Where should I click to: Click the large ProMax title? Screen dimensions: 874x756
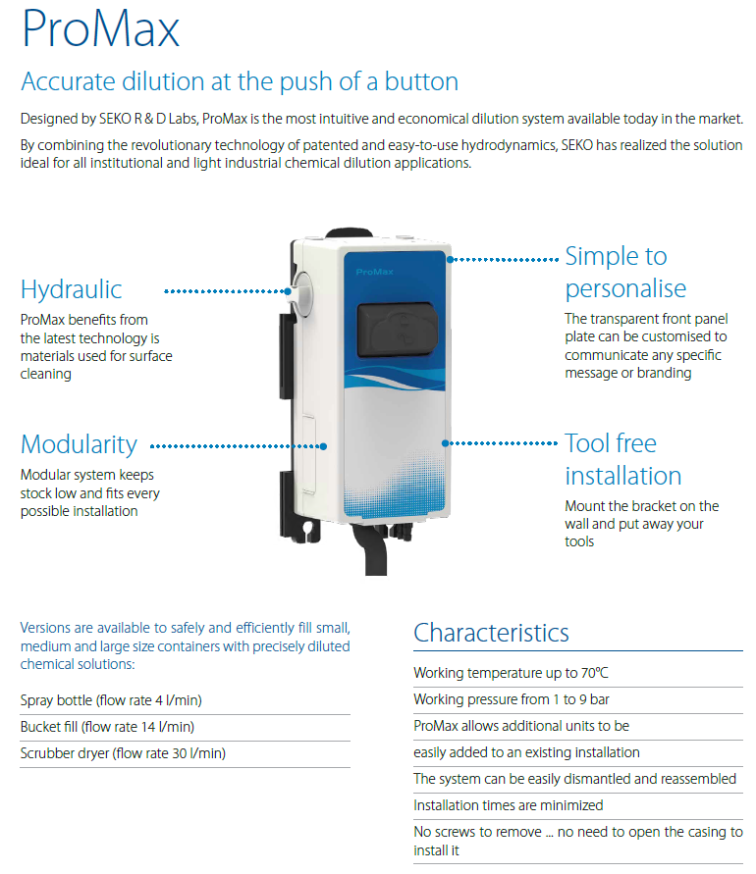click(100, 29)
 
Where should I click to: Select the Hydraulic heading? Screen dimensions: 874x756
click(71, 289)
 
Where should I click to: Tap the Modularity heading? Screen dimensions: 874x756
click(79, 444)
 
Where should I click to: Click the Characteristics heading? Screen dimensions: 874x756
click(491, 632)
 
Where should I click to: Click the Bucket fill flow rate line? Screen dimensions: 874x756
click(107, 727)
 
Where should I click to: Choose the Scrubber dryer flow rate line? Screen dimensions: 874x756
click(122, 753)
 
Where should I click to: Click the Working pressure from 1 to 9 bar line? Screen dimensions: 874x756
click(512, 700)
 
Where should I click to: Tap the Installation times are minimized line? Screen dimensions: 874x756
click(508, 805)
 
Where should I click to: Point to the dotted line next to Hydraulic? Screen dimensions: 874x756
click(226, 290)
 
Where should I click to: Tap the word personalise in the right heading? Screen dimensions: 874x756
click(625, 289)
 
